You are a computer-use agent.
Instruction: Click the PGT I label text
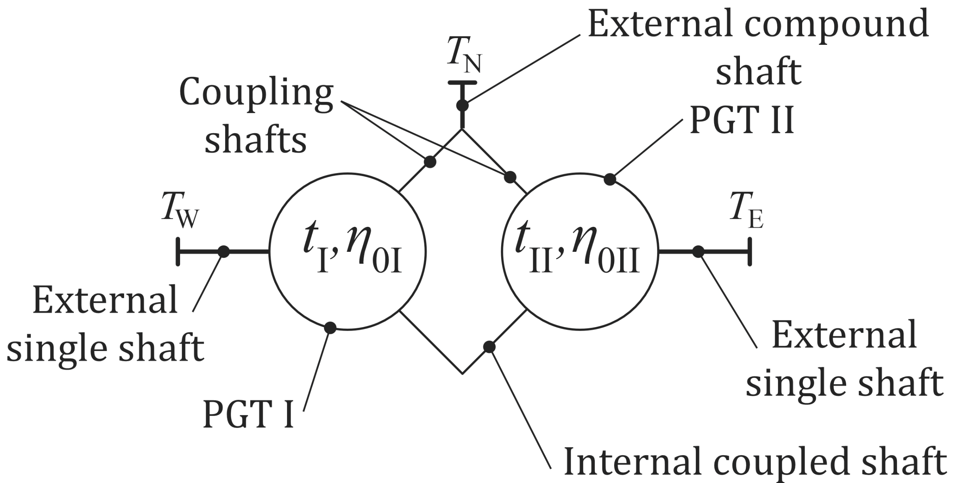pos(248,415)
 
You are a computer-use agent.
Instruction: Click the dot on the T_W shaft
pos(224,251)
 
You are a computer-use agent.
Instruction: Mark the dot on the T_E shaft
pos(698,251)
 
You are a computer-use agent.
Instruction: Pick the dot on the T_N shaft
pos(462,105)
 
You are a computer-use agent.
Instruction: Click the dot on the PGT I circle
pos(330,328)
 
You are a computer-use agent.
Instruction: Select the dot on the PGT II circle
pos(610,180)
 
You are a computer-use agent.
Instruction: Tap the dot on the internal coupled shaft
pos(489,347)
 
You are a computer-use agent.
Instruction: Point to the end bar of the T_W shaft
pos(178,251)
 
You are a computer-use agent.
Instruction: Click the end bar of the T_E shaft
pos(750,251)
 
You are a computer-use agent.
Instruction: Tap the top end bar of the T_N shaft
pos(462,83)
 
